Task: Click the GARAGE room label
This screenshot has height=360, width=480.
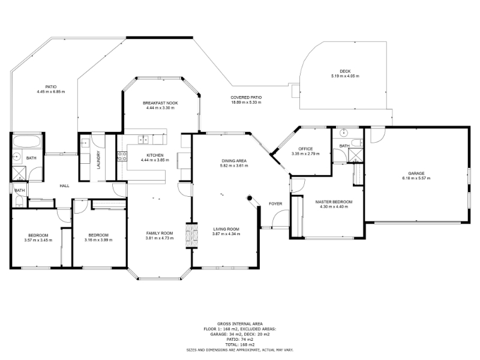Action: point(416,173)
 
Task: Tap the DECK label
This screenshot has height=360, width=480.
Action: point(345,71)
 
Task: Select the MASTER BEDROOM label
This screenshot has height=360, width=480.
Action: point(334,202)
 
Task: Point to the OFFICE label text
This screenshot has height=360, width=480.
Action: point(305,149)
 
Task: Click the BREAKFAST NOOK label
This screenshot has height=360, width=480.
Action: point(160,103)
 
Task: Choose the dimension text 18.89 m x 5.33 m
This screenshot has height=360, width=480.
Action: point(246,102)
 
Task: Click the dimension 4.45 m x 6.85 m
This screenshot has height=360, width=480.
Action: point(51,92)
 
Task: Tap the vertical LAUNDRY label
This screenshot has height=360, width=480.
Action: point(98,160)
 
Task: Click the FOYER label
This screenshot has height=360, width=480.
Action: point(275,204)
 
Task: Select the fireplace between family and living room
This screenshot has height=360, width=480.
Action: point(192,236)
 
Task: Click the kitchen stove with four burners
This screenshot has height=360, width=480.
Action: point(122,156)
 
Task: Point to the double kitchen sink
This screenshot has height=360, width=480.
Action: point(143,140)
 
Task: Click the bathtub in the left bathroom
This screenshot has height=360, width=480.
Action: point(26,142)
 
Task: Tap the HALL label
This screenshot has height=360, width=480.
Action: point(64,186)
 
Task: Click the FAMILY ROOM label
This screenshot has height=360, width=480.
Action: point(160,233)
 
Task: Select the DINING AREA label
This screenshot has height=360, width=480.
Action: point(234,161)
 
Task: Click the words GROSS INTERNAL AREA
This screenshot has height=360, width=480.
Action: point(240,324)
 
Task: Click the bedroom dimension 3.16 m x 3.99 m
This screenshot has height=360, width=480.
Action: point(98,240)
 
